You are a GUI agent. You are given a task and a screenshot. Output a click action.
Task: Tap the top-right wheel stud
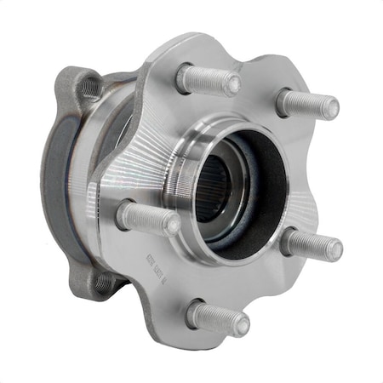pyautogui.click(x=308, y=105)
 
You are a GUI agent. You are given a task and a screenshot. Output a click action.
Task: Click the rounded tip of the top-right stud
pyautogui.click(x=331, y=109)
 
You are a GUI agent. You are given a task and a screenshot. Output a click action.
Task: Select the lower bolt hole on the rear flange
pyautogui.click(x=104, y=282)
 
